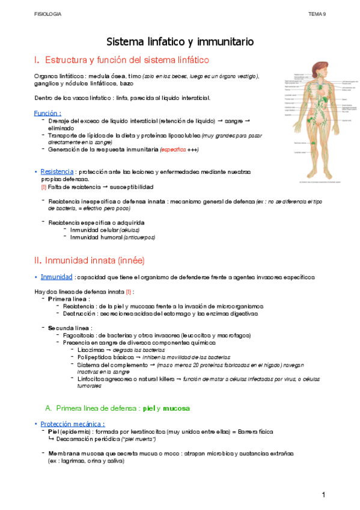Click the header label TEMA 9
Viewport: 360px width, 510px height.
317,13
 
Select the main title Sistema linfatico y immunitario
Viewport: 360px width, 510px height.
180,41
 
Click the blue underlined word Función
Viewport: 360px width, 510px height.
47,112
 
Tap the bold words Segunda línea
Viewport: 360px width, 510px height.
70,328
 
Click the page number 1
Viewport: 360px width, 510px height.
323,494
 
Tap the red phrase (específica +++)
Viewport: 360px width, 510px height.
178,149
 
